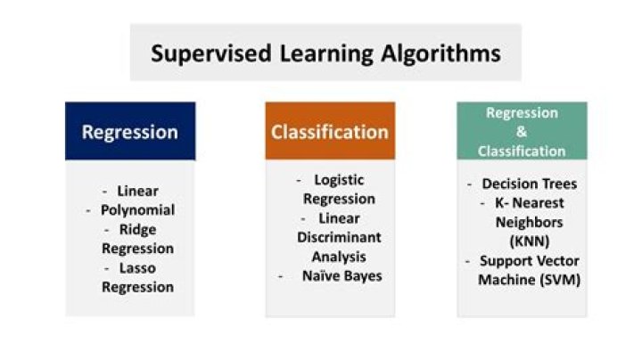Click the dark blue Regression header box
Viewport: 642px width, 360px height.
[130, 132]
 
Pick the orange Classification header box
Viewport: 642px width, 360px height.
[330, 132]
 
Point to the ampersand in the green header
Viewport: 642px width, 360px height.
[522, 132]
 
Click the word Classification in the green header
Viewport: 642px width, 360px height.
[522, 151]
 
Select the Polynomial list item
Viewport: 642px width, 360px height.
[138, 210]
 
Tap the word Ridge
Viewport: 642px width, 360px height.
[138, 229]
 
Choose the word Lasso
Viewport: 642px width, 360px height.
[138, 268]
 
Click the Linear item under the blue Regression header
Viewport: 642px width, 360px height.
[137, 191]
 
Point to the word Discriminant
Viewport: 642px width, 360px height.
[339, 237]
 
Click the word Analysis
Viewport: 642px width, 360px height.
[339, 256]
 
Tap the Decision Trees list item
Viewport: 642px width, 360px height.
[529, 184]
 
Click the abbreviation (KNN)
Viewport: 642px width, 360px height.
[529, 241]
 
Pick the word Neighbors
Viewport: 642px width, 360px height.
[529, 222]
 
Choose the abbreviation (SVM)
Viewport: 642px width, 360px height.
[558, 280]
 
